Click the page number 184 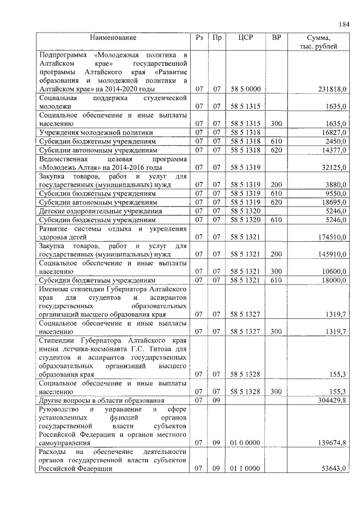[344, 24]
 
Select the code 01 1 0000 [245, 469]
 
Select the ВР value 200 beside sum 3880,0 [276, 184]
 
